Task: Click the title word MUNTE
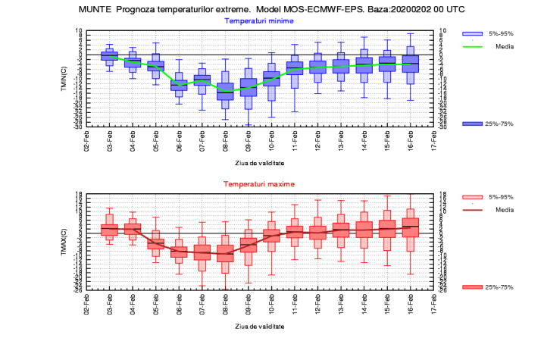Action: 96,10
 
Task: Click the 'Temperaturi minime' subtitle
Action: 260,21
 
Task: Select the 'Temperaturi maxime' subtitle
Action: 259,184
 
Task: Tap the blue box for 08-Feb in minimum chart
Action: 225,91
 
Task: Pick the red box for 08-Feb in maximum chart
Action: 225,253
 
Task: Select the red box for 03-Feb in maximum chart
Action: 110,229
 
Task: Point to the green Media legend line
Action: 472,46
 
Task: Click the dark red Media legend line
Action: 472,209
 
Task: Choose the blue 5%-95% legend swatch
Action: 472,34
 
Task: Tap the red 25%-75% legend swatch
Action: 472,286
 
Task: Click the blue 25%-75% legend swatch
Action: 472,124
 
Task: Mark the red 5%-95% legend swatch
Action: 472,197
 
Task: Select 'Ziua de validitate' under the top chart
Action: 259,163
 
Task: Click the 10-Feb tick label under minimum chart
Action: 270,140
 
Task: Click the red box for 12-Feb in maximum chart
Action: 317,232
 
